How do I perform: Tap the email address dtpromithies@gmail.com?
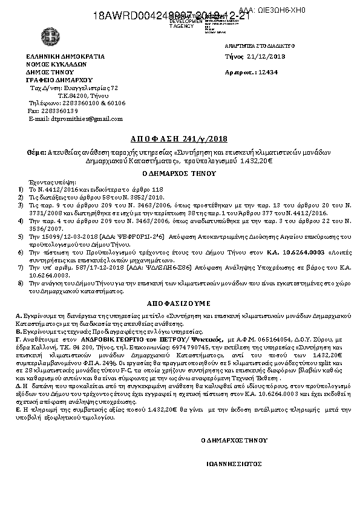point(87,118)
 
